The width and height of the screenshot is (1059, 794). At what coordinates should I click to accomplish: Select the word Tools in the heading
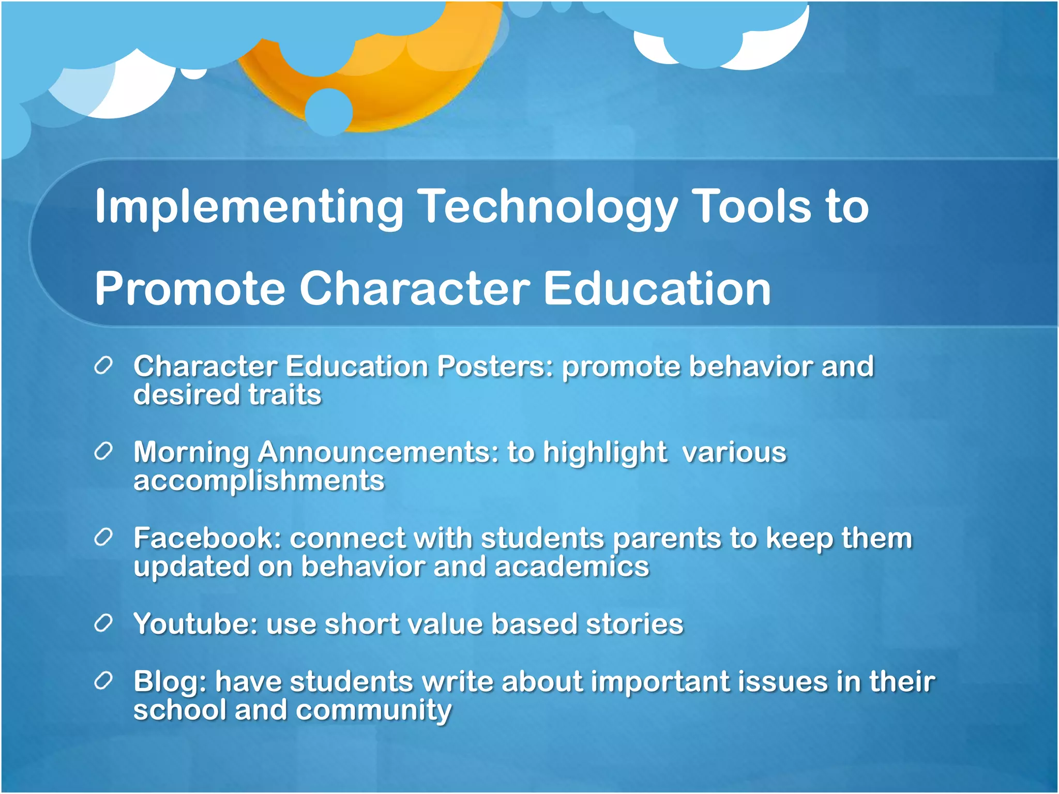click(x=752, y=207)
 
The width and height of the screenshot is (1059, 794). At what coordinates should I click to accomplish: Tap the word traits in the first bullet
click(x=285, y=395)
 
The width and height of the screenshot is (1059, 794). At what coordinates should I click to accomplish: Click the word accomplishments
click(x=259, y=481)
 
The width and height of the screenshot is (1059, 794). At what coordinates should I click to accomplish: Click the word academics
click(x=571, y=567)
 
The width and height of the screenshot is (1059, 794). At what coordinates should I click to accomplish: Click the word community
click(x=373, y=710)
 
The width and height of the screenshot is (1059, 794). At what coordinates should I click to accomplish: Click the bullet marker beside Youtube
click(x=103, y=624)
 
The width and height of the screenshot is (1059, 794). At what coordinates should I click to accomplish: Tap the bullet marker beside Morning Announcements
click(x=103, y=452)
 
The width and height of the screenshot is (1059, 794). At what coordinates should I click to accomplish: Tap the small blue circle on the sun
click(x=329, y=112)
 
